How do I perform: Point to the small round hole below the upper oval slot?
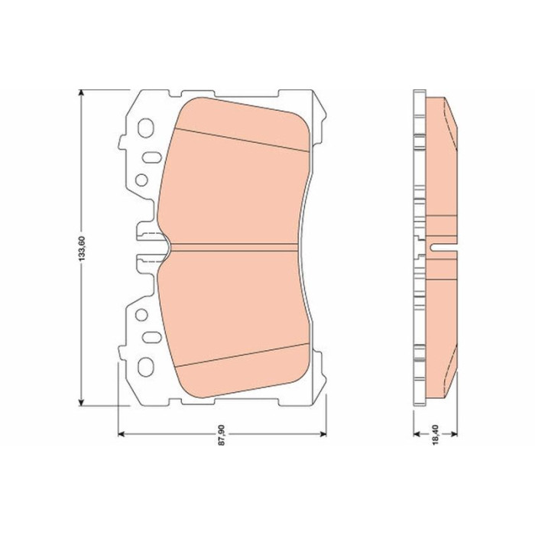[141, 180]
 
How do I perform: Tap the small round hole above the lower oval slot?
[141, 313]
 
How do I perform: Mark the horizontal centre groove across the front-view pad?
[237, 246]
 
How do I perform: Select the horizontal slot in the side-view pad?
[444, 247]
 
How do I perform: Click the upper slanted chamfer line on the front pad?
[241, 138]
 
